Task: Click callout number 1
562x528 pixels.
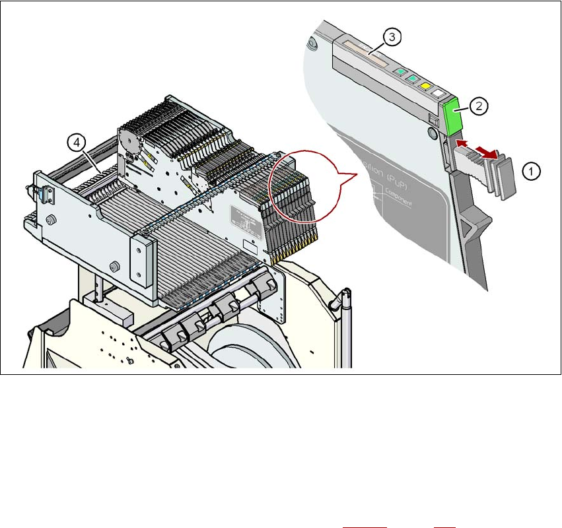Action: (x=532, y=171)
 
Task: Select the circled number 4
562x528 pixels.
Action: (x=77, y=141)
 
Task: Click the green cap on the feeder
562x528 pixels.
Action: (x=454, y=114)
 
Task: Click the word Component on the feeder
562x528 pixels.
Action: (x=395, y=202)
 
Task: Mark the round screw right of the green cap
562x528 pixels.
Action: (x=432, y=133)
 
